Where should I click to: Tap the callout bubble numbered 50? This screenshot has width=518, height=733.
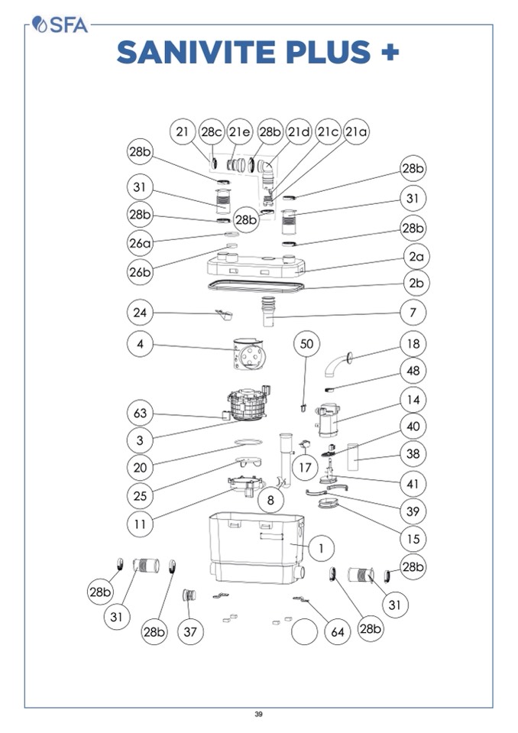[x=306, y=345]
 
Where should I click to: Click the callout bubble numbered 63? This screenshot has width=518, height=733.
[x=141, y=414]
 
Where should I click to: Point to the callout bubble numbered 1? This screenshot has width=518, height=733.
[x=321, y=547]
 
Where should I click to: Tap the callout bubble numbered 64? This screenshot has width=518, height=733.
[x=336, y=631]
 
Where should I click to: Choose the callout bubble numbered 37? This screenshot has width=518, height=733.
[x=190, y=631]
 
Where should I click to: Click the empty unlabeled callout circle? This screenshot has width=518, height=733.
[x=304, y=632]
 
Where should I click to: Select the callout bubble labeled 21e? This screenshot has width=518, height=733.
[x=240, y=132]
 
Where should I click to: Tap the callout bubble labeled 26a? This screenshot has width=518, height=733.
[x=141, y=242]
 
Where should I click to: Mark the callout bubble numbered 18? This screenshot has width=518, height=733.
[x=413, y=345]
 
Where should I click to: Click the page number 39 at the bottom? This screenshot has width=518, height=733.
[x=258, y=715]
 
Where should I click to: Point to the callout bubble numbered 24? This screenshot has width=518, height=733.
[x=141, y=312]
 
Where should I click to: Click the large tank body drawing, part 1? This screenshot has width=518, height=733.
[x=256, y=547]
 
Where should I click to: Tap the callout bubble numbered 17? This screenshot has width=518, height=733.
[x=305, y=467]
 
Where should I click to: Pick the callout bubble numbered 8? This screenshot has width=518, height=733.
[x=270, y=500]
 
